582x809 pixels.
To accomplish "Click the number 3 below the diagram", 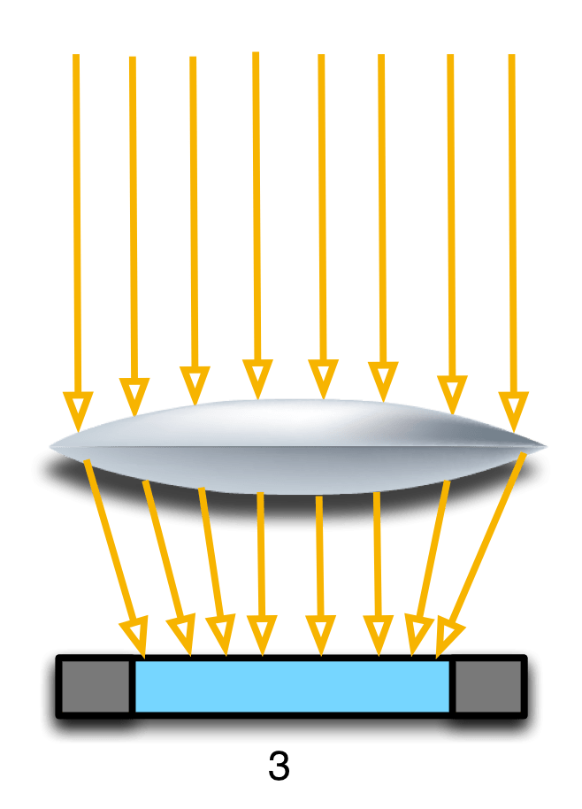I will click(279, 767).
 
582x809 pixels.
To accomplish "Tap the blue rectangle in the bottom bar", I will click(292, 686).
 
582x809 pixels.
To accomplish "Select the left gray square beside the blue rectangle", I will click(96, 686).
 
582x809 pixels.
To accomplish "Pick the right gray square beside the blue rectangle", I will click(488, 686).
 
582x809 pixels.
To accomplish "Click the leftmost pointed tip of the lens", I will click(50, 445).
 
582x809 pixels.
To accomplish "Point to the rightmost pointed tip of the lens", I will click(546, 445).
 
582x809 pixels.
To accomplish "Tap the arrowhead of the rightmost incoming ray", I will click(512, 408).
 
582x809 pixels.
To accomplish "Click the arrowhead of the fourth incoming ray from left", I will click(257, 378).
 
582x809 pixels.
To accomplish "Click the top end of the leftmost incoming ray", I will click(76, 57).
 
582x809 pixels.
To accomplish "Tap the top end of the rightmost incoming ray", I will click(511, 57).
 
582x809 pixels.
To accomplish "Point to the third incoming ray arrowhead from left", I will click(194, 383).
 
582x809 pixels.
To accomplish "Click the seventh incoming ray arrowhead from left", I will click(452, 392).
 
